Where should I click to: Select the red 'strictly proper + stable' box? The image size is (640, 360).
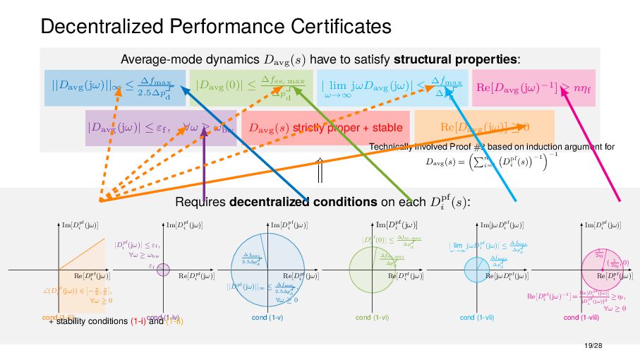tap(326, 128)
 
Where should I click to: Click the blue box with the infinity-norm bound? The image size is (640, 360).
tap(114, 88)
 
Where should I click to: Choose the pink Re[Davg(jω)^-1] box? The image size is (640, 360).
tap(533, 87)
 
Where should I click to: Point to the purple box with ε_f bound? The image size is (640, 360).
tap(160, 128)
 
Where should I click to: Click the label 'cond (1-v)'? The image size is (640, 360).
tap(267, 318)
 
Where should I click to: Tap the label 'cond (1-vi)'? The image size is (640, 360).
tap(373, 318)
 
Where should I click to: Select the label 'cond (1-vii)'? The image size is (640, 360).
tap(477, 318)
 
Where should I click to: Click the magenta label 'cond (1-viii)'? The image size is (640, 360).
tap(582, 318)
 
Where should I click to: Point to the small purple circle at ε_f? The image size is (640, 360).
tap(164, 269)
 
